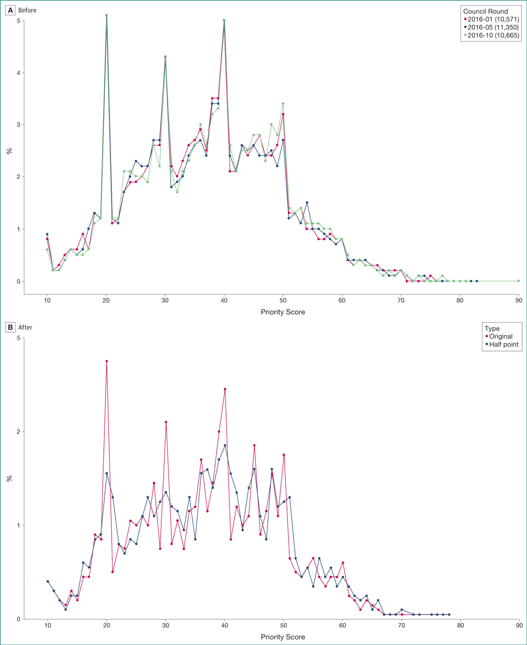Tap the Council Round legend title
tap(487, 11)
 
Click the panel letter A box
tap(9, 10)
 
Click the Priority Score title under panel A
tap(283, 312)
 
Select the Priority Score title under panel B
tap(283, 637)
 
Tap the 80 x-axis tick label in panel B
tap(460, 627)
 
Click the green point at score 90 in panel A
tap(519, 281)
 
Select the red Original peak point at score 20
tap(106, 361)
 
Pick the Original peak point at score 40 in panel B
tap(224, 389)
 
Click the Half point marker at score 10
tap(47, 581)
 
